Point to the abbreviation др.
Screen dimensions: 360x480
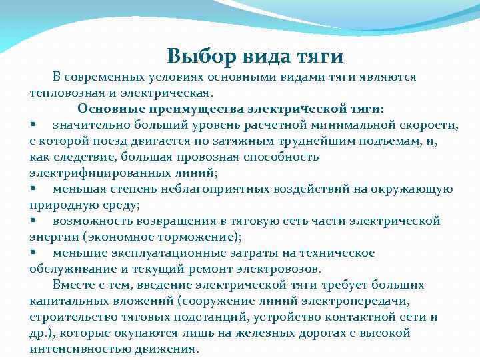(x=37, y=333)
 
